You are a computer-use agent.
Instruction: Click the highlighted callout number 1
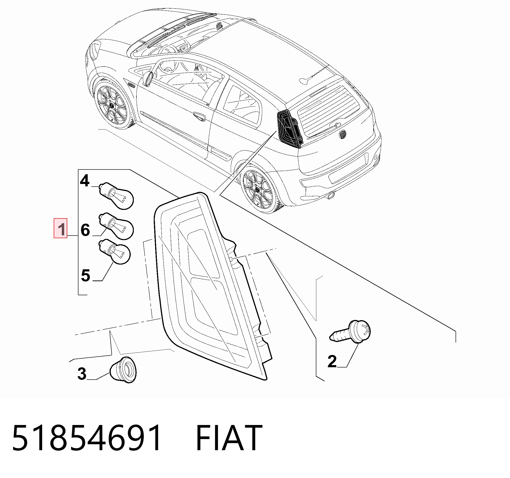click(61, 228)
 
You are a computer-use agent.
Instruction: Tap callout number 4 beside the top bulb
click(85, 181)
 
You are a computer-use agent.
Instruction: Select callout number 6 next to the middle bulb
click(85, 230)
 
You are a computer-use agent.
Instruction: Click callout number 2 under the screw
click(332, 362)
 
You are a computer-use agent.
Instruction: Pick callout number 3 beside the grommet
click(82, 374)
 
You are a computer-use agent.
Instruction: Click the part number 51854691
click(87, 438)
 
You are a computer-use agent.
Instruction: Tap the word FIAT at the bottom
click(229, 438)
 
